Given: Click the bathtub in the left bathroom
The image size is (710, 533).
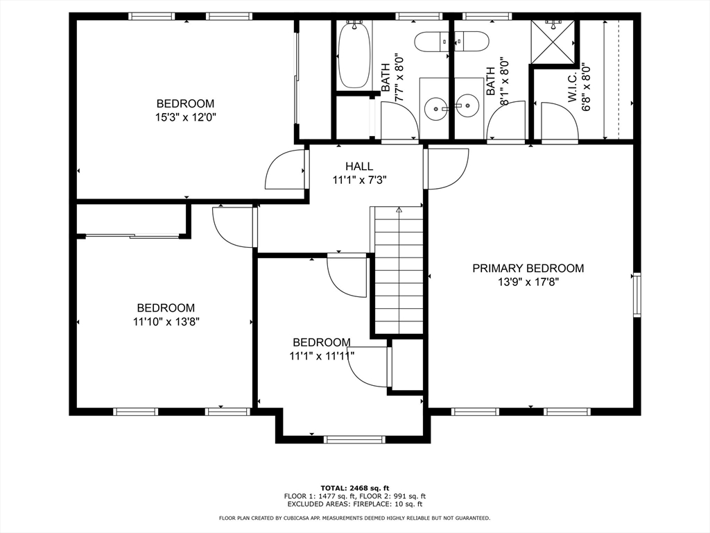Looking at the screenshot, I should point(354,54).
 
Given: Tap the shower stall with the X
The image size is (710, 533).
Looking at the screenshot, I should point(553,43).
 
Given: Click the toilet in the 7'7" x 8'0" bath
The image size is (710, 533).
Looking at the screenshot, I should point(433,42).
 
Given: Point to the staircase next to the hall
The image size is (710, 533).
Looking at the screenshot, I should point(399,271).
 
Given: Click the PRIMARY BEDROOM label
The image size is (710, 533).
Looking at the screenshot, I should point(528,269).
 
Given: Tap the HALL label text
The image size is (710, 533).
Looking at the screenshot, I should point(359,167).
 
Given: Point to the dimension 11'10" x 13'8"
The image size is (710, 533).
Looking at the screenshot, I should point(166,322).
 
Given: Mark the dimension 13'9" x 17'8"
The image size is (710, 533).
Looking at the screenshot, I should point(528,282).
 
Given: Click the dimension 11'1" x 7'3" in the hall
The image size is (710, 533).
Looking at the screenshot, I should point(359,180).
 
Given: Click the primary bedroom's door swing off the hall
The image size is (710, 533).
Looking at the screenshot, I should point(446,169).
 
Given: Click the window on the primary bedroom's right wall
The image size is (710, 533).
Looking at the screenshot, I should point(637,295).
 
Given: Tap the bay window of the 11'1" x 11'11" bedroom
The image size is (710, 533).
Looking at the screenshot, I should point(354,439).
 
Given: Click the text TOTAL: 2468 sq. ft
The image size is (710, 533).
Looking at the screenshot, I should point(354,488).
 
